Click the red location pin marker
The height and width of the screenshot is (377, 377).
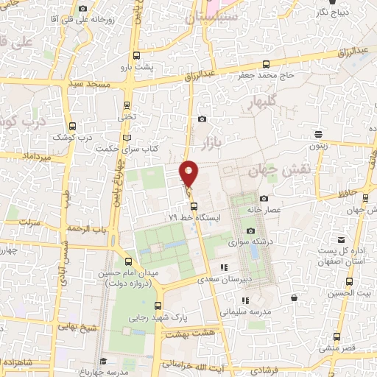coord(190,174)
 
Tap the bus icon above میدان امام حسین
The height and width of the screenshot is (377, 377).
coord(130,261)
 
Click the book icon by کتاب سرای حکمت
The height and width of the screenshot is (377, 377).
coord(127,138)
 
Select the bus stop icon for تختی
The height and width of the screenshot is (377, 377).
coord(127,105)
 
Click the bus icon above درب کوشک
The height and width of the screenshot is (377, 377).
coord(71,125)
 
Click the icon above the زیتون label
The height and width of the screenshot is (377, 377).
coord(318,133)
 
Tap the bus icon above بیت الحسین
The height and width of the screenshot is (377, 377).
coord(349,281)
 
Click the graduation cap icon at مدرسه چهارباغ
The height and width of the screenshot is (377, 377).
coord(104,361)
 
